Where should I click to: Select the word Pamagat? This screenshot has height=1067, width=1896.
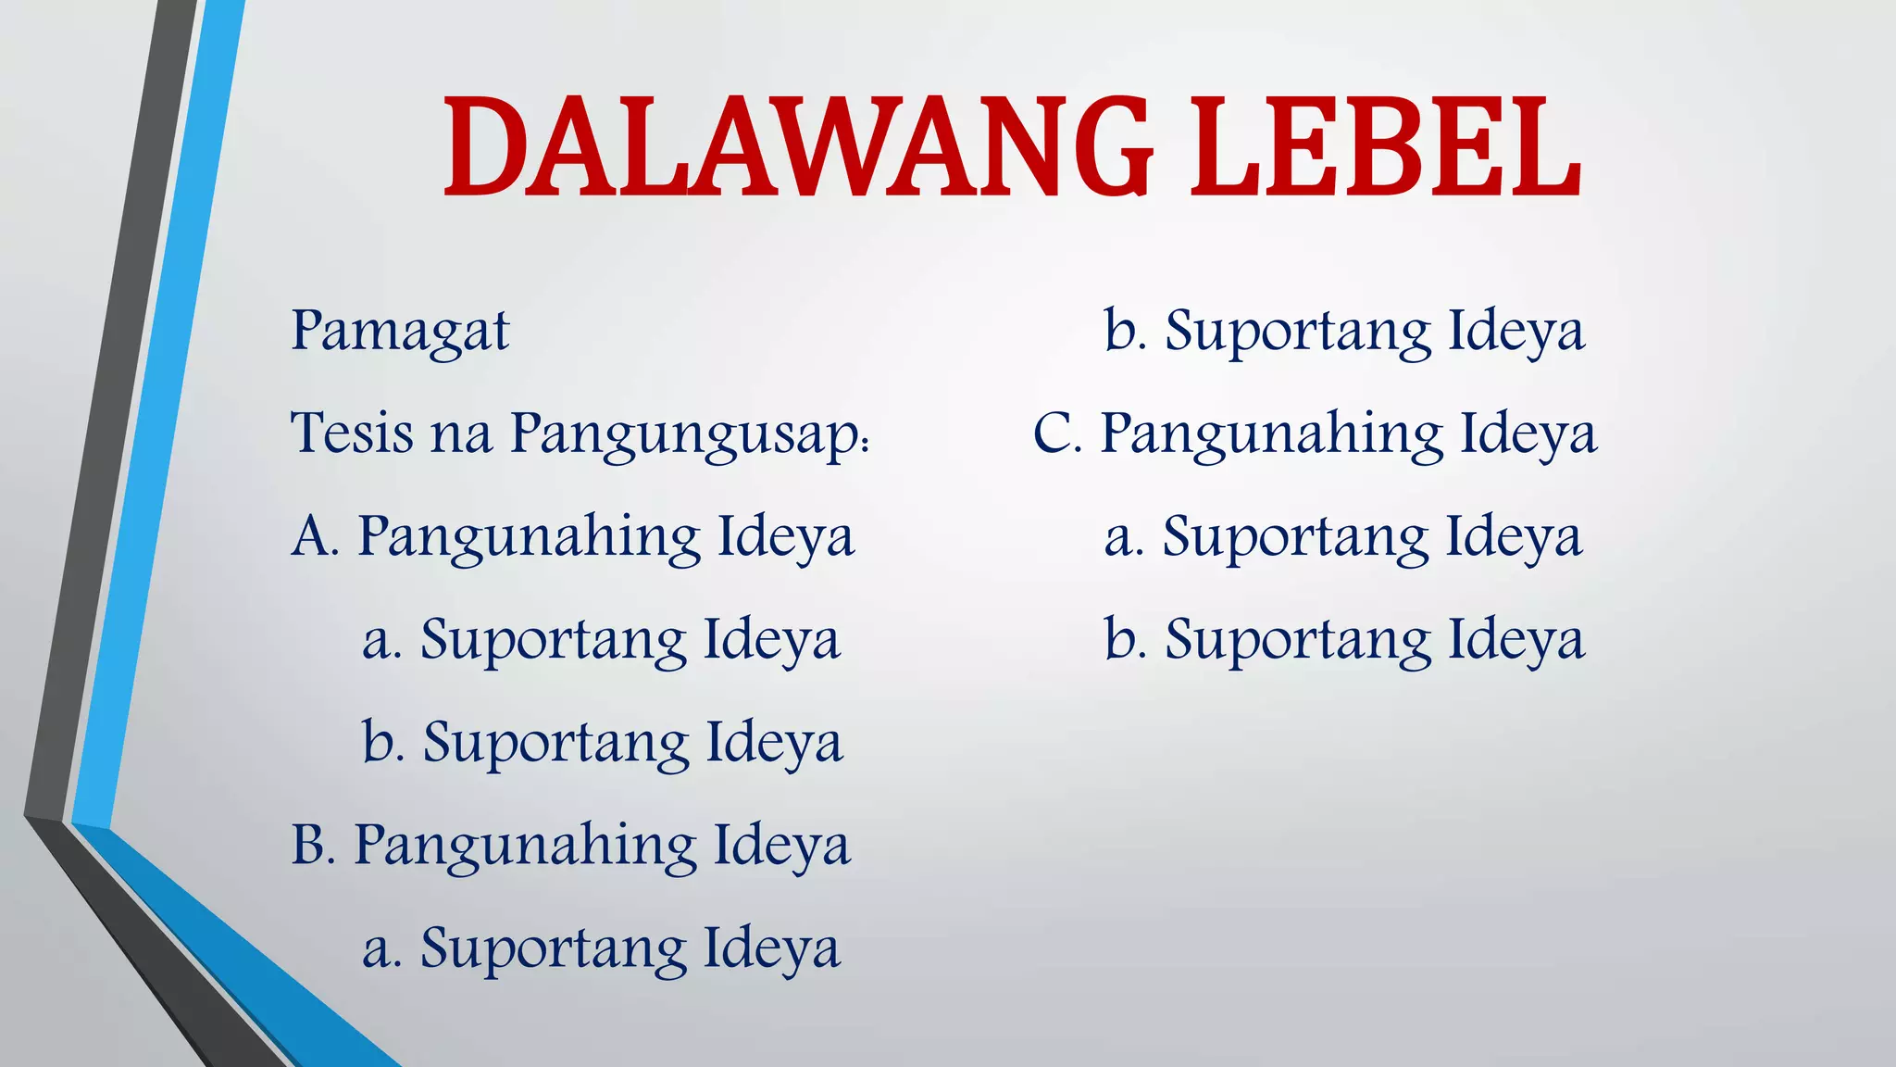click(x=400, y=332)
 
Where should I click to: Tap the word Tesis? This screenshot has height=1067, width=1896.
click(x=352, y=433)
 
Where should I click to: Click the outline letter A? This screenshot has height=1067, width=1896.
click(x=311, y=537)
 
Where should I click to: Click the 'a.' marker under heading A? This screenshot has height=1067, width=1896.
click(x=381, y=641)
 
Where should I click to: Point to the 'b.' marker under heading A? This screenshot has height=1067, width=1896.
click(x=383, y=742)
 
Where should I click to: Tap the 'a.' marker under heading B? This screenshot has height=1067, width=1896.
click(x=381, y=949)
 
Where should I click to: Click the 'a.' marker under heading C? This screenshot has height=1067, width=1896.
click(x=1124, y=538)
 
